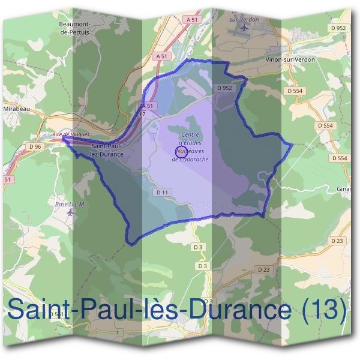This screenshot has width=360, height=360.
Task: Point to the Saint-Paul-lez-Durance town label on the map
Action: pyautogui.click(x=107, y=150)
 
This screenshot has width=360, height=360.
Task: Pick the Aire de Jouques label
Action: pyautogui.click(x=71, y=134)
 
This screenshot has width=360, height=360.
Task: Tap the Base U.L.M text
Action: pyautogui.click(x=70, y=204)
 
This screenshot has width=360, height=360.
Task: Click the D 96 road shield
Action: pyautogui.click(x=35, y=146)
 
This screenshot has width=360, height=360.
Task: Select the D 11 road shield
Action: pyautogui.click(x=160, y=192)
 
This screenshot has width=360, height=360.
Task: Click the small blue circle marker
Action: pyautogui.click(x=180, y=152)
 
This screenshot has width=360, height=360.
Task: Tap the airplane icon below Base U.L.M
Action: pyautogui.click(x=70, y=214)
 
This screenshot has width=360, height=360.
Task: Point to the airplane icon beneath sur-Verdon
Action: pyautogui.click(x=243, y=28)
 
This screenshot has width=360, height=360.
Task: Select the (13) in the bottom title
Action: pyautogui.click(x=325, y=310)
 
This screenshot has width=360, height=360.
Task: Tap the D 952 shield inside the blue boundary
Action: pyautogui.click(x=224, y=88)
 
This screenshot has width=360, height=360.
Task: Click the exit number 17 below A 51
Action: pyautogui.click(x=142, y=113)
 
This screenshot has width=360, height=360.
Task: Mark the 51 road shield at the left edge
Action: pyautogui.click(x=7, y=179)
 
